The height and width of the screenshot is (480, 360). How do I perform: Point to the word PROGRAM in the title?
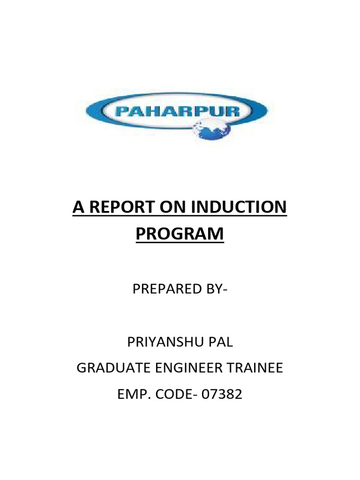[180, 233]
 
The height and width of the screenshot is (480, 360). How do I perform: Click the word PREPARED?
[167, 289]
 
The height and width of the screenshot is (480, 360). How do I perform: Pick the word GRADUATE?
[109, 368]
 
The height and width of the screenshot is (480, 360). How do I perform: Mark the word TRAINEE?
[257, 368]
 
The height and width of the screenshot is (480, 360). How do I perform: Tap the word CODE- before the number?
[177, 394]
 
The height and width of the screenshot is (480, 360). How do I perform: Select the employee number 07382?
[222, 394]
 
